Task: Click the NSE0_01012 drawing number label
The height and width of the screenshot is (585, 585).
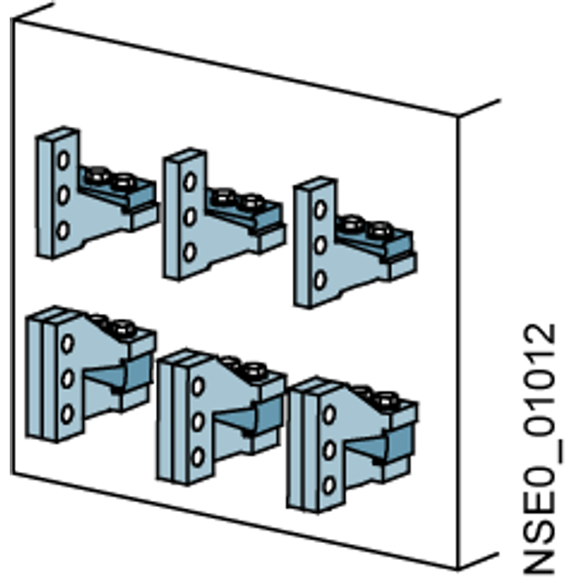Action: coord(541,448)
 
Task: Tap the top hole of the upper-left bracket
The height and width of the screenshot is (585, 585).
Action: coord(63,160)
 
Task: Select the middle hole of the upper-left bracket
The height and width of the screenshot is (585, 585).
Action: coord(63,195)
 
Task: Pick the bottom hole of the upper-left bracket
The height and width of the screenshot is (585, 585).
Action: coord(63,229)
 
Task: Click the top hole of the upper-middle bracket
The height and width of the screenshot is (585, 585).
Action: coord(190,181)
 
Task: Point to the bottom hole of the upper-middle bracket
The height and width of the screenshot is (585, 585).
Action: coord(189,252)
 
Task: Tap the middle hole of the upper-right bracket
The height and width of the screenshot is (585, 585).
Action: coord(320,245)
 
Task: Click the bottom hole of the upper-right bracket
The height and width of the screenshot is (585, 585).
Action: coord(320,280)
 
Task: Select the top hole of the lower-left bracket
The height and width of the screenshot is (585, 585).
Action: coord(67,343)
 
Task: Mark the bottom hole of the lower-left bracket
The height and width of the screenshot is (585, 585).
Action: coord(67,413)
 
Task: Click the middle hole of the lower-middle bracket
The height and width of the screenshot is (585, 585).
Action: coord(198,421)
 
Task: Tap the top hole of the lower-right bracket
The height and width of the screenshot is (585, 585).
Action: coord(330,414)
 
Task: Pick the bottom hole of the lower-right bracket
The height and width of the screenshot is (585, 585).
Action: coord(329,486)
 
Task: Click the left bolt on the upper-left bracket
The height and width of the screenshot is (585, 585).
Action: coord(97,175)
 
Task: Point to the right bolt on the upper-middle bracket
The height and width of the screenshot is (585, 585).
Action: coord(253,203)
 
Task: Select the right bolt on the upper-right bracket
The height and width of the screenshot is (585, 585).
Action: coord(379,230)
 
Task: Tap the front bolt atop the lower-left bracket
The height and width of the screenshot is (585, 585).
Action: coord(123,329)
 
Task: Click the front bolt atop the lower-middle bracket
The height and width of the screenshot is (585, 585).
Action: coord(254,370)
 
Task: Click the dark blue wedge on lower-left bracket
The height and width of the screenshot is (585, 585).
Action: coord(119,373)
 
